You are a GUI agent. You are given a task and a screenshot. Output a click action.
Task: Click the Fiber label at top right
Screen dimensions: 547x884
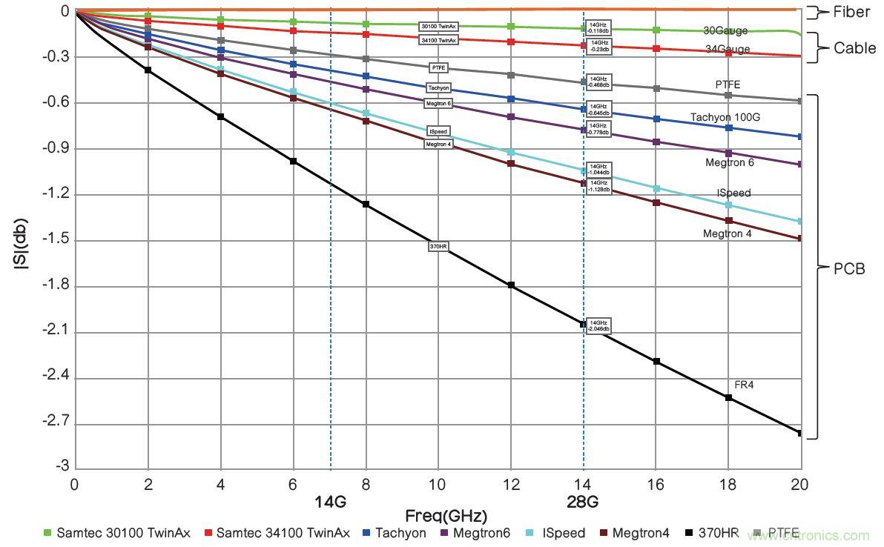pos(853,12)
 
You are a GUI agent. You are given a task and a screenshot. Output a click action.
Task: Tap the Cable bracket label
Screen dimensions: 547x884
pos(855,48)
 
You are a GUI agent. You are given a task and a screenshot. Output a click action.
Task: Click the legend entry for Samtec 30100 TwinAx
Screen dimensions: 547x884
pos(114,532)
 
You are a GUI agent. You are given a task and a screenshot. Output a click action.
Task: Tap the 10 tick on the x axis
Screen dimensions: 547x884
pos(438,484)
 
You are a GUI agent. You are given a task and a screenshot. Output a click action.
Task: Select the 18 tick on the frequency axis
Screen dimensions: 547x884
pos(728,484)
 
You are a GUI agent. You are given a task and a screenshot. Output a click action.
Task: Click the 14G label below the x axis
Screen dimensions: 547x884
pos(330,502)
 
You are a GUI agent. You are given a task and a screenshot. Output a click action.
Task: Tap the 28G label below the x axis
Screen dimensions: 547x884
pos(584,502)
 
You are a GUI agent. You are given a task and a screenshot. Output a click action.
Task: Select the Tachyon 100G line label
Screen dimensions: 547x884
pos(725,117)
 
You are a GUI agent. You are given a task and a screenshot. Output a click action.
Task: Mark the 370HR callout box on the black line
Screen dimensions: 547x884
pos(439,246)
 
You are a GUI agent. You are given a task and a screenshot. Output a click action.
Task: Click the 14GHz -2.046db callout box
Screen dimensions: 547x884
pos(598,326)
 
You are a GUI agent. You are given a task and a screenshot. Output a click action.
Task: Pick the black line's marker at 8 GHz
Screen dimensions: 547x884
pos(366,204)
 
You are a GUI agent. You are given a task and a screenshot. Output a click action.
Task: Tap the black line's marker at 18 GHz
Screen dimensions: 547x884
pos(728,398)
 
